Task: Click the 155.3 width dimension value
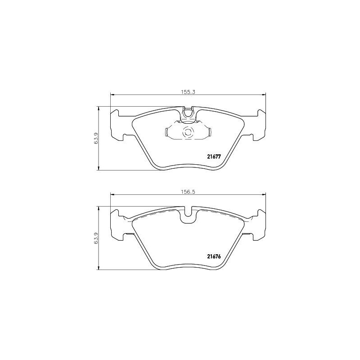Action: [187, 91]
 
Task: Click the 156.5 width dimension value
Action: [187, 191]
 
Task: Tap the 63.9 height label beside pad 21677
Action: [96, 139]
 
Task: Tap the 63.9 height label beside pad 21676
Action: [96, 238]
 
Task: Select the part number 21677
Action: [213, 157]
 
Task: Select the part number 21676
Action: [213, 257]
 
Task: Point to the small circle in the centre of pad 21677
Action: [187, 133]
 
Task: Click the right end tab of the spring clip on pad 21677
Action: [209, 133]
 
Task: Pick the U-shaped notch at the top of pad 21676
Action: [188, 216]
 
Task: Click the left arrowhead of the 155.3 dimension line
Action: [112, 94]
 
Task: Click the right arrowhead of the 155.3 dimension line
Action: [263, 94]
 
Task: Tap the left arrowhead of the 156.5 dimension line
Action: [112, 194]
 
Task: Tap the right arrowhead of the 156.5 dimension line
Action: [263, 194]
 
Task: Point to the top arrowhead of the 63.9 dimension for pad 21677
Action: [99, 108]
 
